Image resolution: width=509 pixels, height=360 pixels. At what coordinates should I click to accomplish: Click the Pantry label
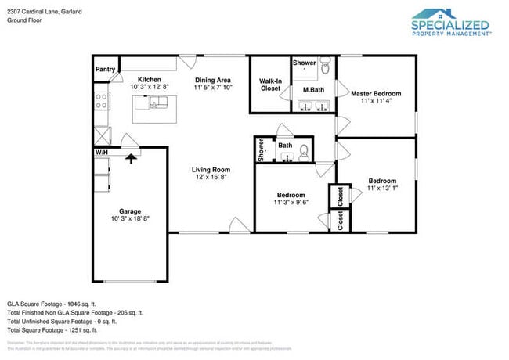tap(105, 69)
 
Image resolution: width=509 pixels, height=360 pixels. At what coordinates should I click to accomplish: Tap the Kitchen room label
tap(150, 80)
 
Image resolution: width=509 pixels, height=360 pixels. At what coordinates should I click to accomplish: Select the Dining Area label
tap(212, 80)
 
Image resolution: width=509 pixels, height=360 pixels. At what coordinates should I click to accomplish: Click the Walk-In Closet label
tap(270, 85)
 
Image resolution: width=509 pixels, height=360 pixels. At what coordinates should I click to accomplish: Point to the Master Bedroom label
tap(377, 93)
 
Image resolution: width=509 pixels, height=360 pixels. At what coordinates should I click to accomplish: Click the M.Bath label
tap(314, 90)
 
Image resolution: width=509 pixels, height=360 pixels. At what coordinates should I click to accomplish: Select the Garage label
tap(130, 211)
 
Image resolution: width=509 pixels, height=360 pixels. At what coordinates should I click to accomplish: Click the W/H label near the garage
tap(102, 152)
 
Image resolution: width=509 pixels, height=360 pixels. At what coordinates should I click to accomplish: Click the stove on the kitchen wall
tap(101, 100)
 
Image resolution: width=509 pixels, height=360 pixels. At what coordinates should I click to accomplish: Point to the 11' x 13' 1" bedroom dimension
tap(382, 189)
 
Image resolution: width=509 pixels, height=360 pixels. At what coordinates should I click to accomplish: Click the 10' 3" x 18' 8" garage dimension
tap(130, 220)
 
